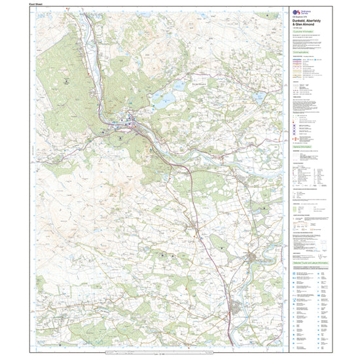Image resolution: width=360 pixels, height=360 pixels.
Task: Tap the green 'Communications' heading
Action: click(304, 51)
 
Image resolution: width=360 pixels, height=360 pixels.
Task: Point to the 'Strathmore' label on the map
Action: click(185, 83)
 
